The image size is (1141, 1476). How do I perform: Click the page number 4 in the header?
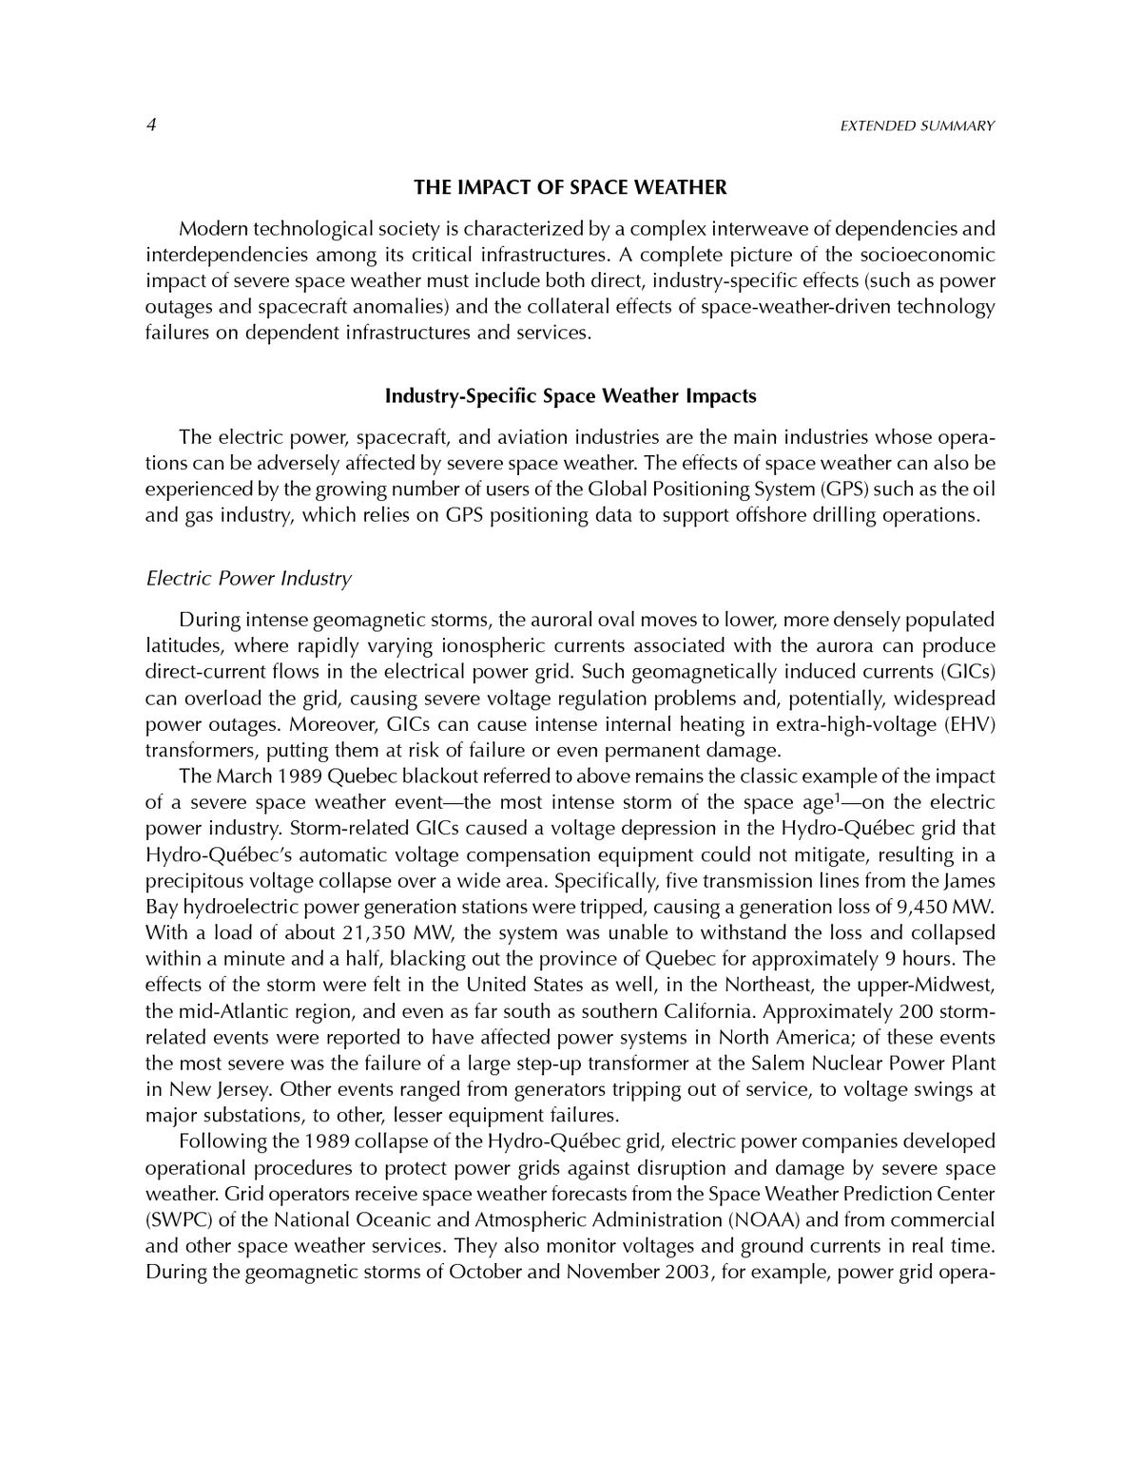(150, 125)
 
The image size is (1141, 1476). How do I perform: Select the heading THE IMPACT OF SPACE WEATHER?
(570, 187)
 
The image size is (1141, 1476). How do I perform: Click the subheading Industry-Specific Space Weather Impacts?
(570, 395)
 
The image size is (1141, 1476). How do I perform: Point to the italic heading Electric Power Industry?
(248, 578)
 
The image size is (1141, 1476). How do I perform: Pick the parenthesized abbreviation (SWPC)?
(174, 1219)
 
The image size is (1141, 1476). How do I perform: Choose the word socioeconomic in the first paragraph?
(926, 256)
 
